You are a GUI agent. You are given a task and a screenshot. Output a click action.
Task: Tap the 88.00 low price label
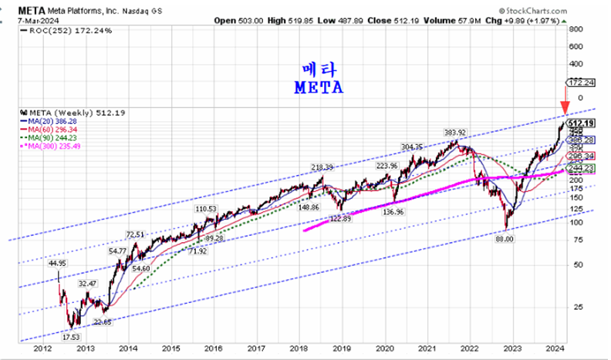point(505,238)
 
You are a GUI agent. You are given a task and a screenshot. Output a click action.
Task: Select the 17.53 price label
point(70,336)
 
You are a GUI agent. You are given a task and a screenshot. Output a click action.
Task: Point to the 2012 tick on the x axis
point(43,348)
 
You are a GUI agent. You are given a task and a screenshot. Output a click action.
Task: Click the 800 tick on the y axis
point(575,29)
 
